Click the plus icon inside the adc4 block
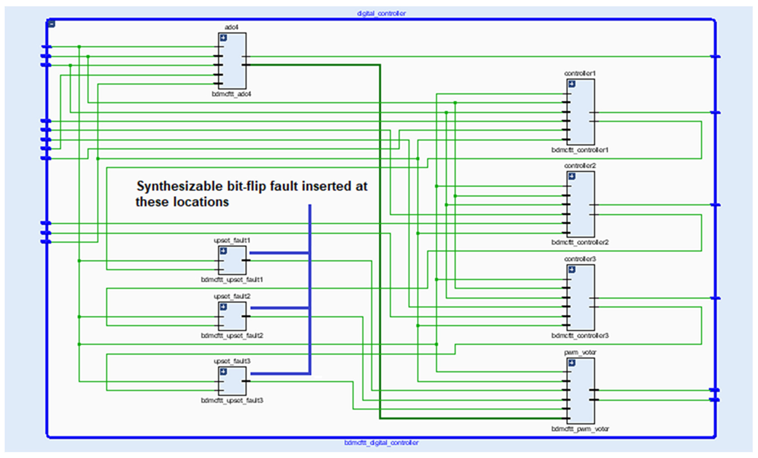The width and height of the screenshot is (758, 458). pos(223,38)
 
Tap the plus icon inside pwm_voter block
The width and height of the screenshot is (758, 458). pos(572,363)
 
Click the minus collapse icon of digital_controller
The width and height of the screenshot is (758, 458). pos(52,23)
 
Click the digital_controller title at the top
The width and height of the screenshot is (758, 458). pos(381,13)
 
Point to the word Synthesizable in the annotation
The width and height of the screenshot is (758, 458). pos(179,186)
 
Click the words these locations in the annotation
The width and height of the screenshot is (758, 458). pos(182,202)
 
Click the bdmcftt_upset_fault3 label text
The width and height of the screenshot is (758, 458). pos(232,400)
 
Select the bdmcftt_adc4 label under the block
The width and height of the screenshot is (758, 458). pos(231,94)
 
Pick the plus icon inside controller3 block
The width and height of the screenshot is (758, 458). pos(572,270)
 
